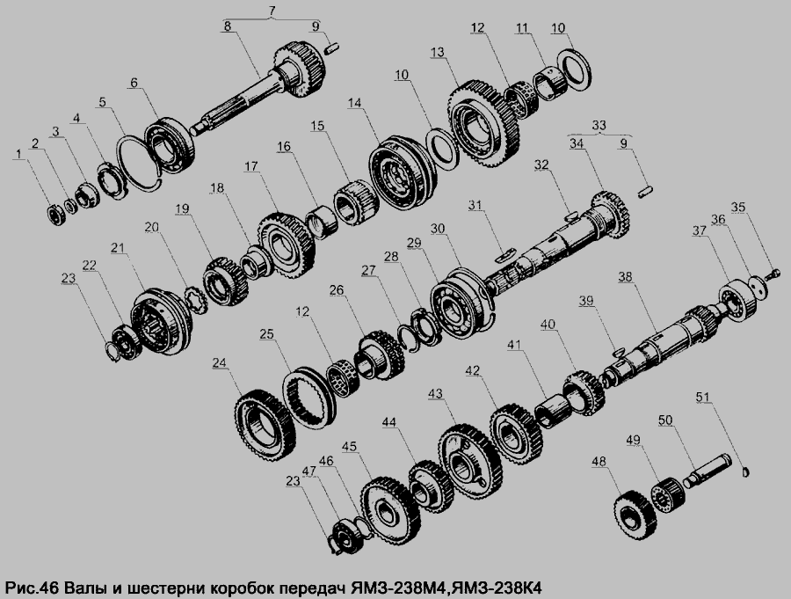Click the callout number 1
click(19, 154)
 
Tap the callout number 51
click(703, 397)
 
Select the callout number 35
click(738, 207)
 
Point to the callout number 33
click(599, 124)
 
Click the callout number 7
click(272, 10)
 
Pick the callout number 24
click(220, 362)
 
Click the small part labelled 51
click(747, 471)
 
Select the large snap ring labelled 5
click(139, 163)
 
